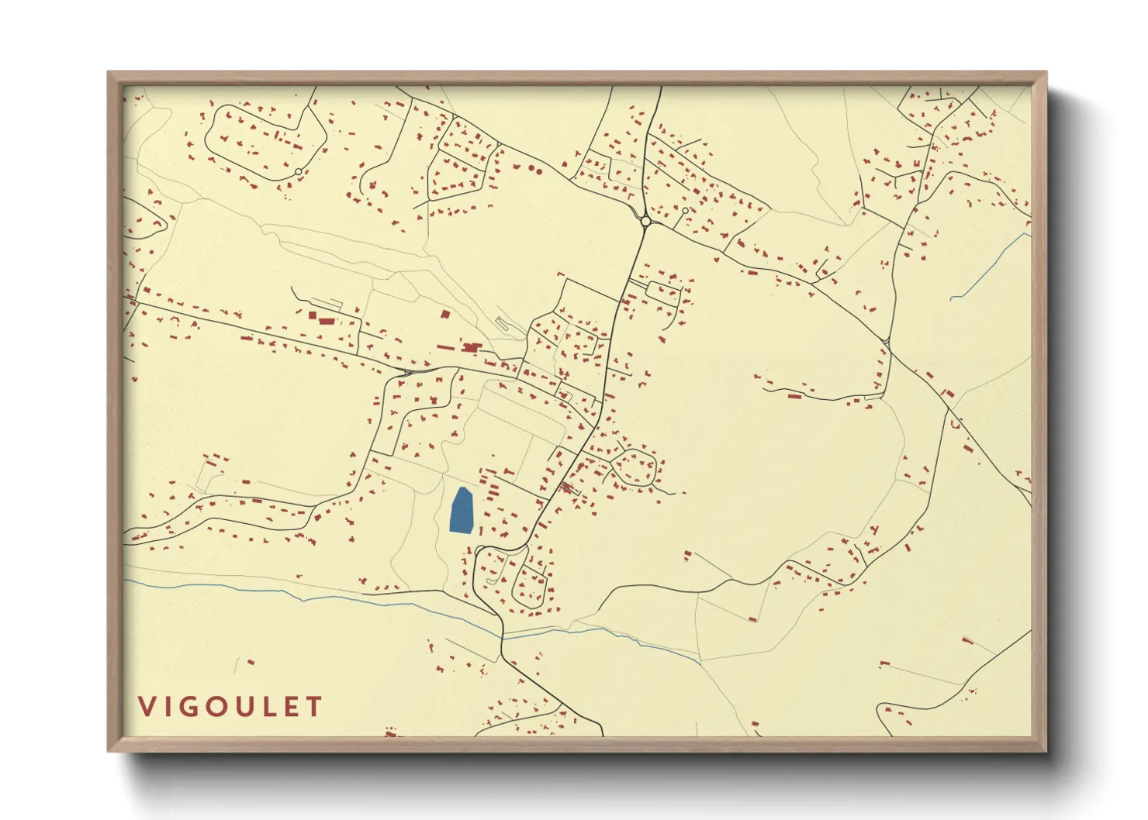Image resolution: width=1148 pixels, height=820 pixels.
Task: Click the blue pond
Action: (x=462, y=511)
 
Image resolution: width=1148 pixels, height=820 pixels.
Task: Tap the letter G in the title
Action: (x=192, y=707)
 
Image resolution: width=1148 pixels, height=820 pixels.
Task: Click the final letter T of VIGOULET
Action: (x=314, y=707)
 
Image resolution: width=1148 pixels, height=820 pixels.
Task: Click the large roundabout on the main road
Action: (x=645, y=222)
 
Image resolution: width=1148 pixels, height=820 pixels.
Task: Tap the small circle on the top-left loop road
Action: (x=299, y=171)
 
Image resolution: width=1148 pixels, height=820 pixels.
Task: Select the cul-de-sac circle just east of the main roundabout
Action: (x=685, y=210)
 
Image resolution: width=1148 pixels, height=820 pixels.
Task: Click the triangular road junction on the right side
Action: (x=887, y=340)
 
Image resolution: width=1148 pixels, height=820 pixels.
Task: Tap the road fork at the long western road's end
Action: (x=406, y=373)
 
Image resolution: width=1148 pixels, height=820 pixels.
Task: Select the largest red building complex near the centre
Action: (x=471, y=348)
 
